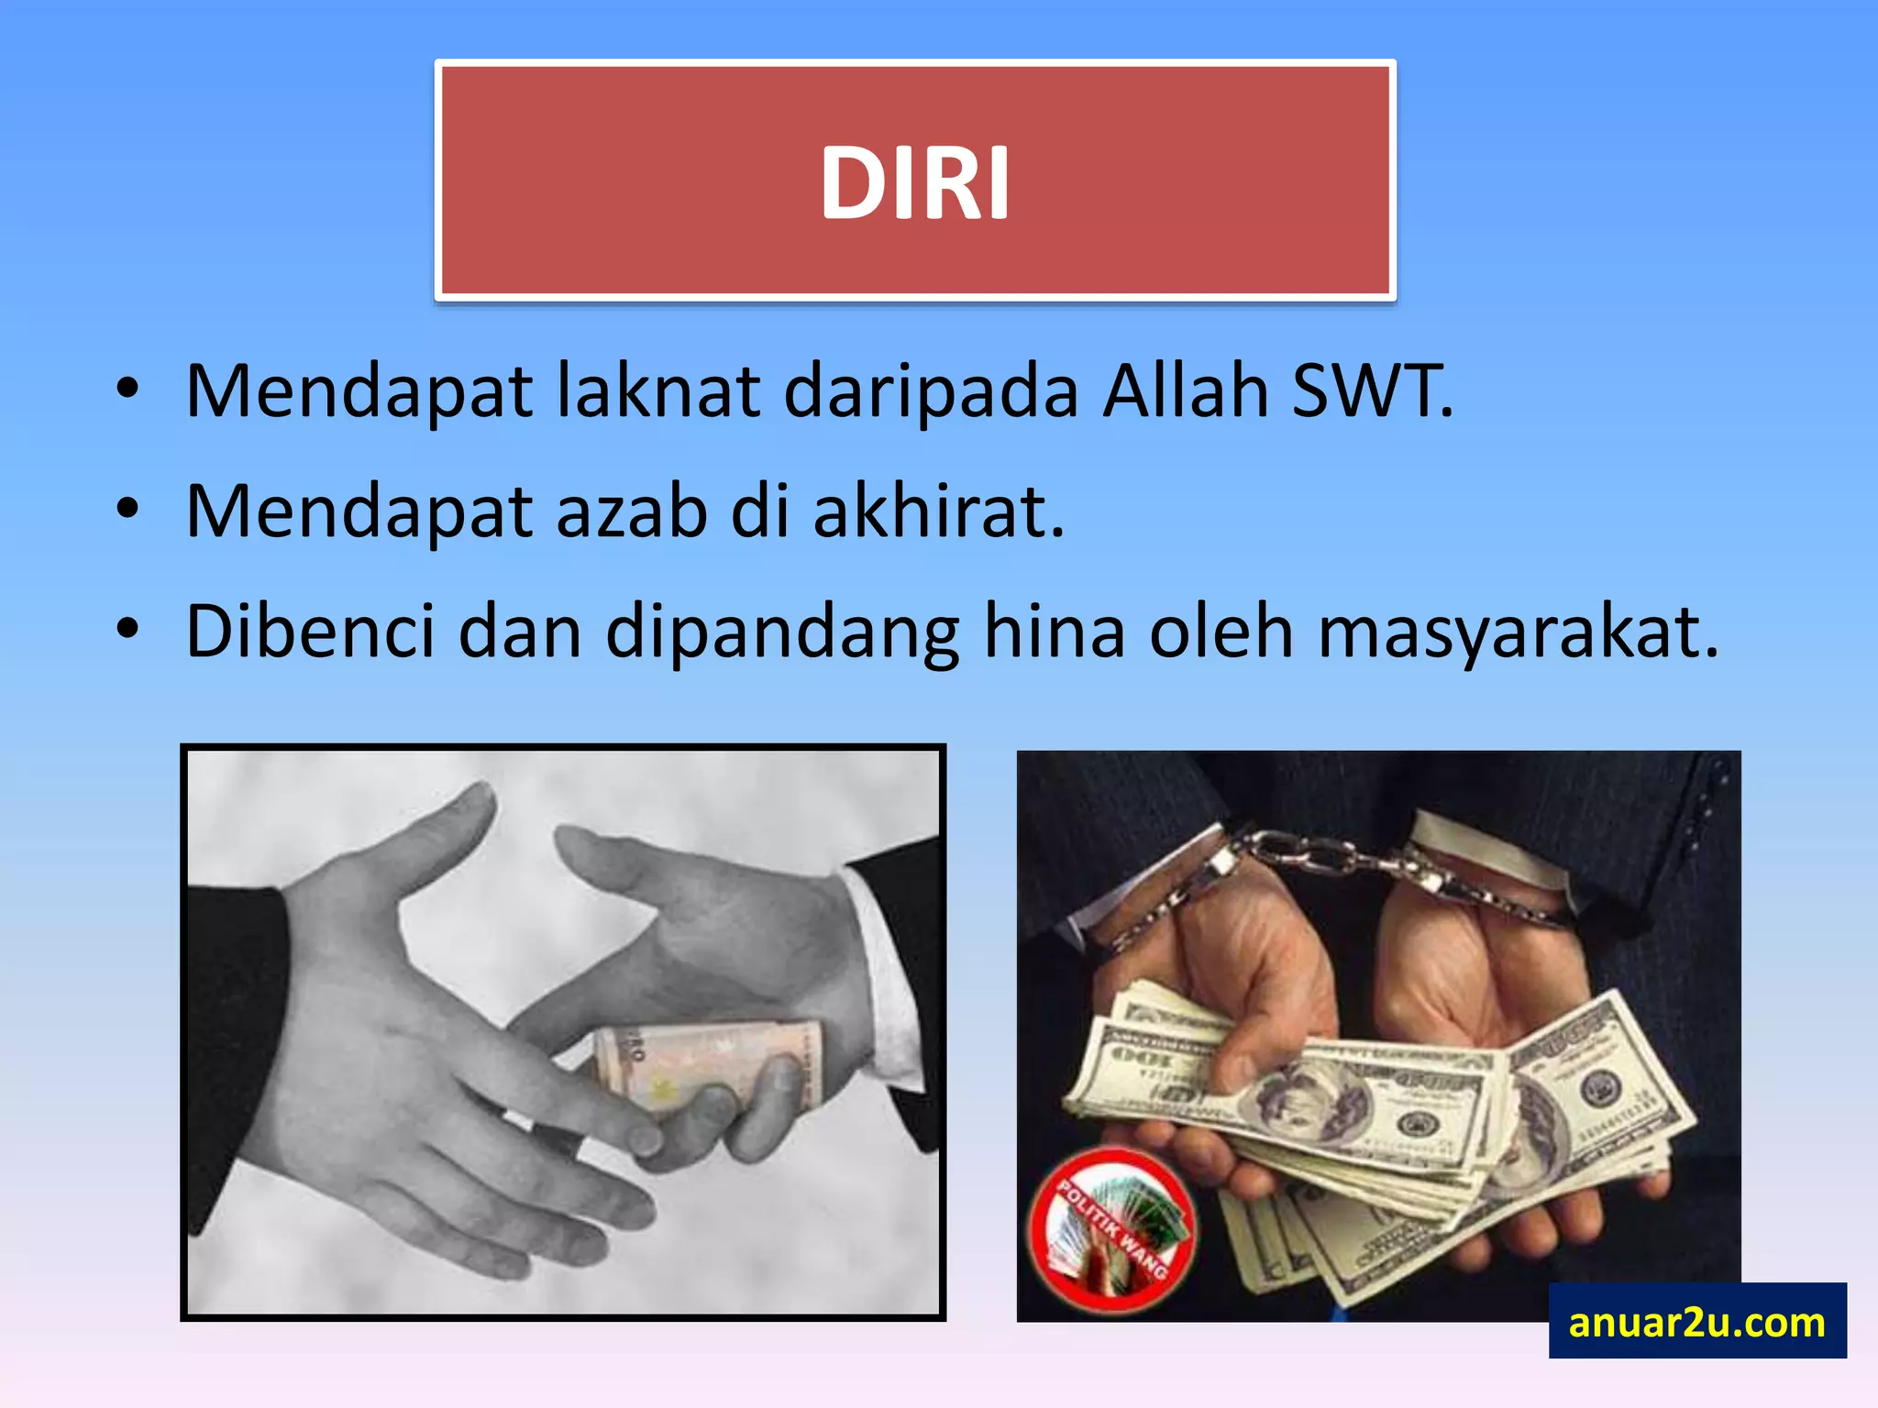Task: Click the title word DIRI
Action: coord(915,183)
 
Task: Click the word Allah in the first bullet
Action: coord(1185,391)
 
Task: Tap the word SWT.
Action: coord(1371,391)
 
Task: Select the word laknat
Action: coord(659,391)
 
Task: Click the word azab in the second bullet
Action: coord(632,511)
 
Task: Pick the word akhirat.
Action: coord(938,511)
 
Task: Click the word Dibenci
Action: coord(310,632)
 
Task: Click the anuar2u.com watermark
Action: coord(1696,1322)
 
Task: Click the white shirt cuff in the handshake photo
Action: coord(885,972)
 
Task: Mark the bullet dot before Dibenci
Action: coord(127,630)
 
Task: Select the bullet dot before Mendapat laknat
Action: coord(127,390)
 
